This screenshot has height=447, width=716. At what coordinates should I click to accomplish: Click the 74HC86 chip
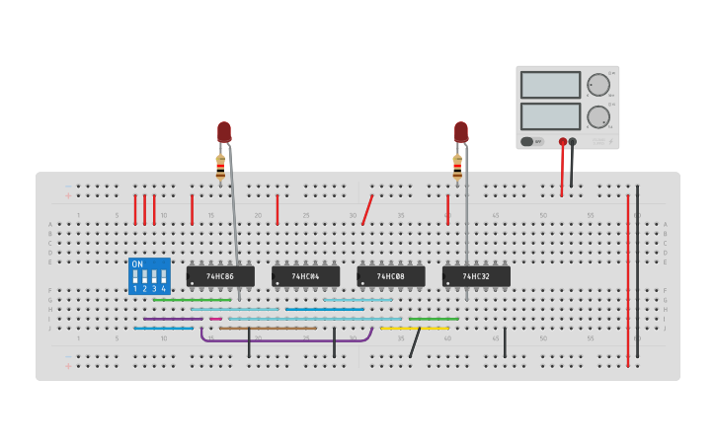click(220, 276)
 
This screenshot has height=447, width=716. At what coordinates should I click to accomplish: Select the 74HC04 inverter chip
click(305, 276)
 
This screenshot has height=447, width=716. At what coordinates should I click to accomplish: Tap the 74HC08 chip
click(390, 276)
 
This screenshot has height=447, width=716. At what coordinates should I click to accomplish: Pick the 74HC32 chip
click(476, 276)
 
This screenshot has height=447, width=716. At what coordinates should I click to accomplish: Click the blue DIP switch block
click(149, 276)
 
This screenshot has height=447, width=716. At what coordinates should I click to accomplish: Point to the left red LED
click(224, 131)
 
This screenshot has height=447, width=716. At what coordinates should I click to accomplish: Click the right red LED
click(461, 131)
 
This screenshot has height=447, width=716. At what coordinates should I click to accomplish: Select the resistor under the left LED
click(220, 167)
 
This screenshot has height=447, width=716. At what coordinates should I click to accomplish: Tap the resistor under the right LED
click(457, 167)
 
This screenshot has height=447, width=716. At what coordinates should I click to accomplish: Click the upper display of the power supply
click(550, 85)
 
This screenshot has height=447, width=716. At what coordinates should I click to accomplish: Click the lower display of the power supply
click(550, 116)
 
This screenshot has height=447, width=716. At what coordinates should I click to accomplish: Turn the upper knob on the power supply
click(597, 85)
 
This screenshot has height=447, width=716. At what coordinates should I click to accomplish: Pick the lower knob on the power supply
click(597, 117)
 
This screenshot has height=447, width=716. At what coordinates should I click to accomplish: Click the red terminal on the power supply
click(563, 141)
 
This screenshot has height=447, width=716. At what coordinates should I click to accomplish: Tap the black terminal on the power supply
click(573, 141)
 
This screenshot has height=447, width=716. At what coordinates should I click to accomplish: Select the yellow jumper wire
click(415, 328)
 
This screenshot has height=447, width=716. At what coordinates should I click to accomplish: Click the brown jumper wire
click(267, 328)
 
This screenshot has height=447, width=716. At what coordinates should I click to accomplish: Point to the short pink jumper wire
click(215, 319)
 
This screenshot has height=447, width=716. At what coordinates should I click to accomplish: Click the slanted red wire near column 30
click(367, 209)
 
